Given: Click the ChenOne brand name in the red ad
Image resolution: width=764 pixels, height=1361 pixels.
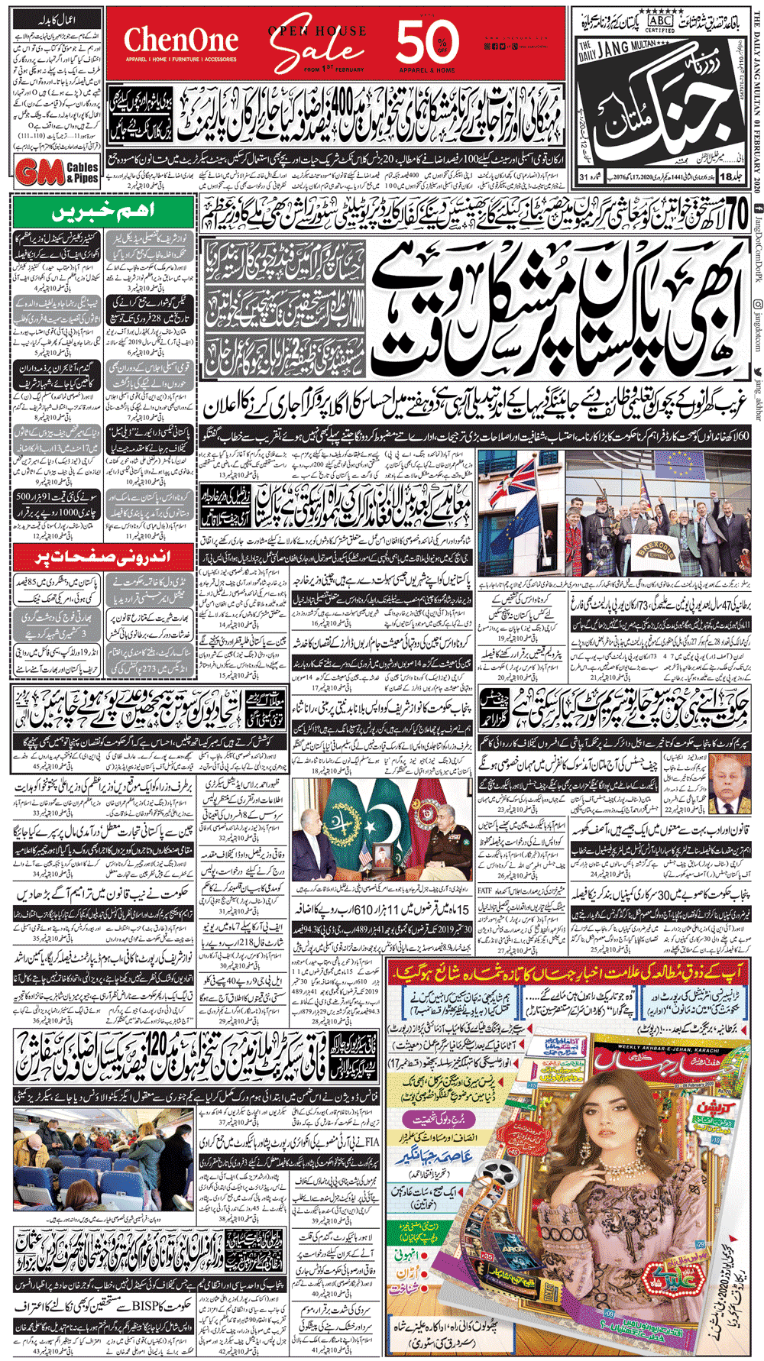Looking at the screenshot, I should coord(181,40).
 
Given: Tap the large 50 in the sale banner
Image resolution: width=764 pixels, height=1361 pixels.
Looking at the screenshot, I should coord(429,42).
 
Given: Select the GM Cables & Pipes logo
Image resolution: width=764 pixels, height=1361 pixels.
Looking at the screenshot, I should coord(57,172).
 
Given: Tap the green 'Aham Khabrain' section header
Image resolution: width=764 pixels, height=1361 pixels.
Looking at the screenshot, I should coord(104,212).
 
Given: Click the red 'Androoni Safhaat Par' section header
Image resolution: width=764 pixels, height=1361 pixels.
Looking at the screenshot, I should coord(104,557).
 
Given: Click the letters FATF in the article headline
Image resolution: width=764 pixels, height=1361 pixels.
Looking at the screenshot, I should coord(486,890).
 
